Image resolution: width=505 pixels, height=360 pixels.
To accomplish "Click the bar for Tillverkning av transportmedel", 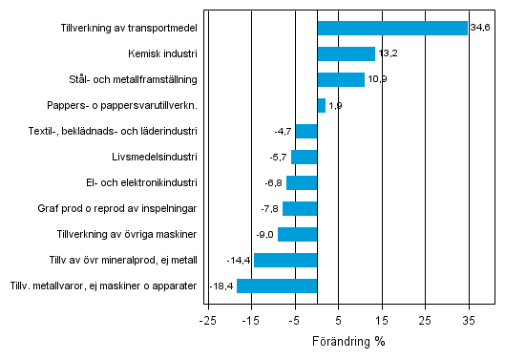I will [x=391, y=28].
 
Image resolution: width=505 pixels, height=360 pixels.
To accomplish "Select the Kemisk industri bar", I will [x=346, y=53].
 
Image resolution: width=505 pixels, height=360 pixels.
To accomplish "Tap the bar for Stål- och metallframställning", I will [x=340, y=79].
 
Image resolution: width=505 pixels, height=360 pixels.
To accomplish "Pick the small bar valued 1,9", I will [x=321, y=105].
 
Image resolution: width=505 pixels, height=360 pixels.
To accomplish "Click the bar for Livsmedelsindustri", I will [x=305, y=157].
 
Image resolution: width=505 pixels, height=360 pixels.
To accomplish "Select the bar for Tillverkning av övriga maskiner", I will [x=297, y=234].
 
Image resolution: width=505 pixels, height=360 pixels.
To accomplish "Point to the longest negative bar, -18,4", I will [x=277, y=286].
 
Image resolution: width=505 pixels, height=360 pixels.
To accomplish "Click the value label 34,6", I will [x=479, y=28].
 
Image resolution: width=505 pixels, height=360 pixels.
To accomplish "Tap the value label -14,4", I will [x=239, y=260].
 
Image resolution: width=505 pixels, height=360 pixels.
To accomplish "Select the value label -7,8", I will [x=269, y=208].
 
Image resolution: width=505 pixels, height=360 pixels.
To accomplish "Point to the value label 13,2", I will [x=388, y=53].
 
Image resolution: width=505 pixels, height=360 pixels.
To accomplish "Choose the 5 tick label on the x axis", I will [x=338, y=320].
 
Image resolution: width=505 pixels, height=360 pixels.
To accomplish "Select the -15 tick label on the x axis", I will [x=249, y=320].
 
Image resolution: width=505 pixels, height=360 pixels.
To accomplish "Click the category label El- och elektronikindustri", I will [x=141, y=182].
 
